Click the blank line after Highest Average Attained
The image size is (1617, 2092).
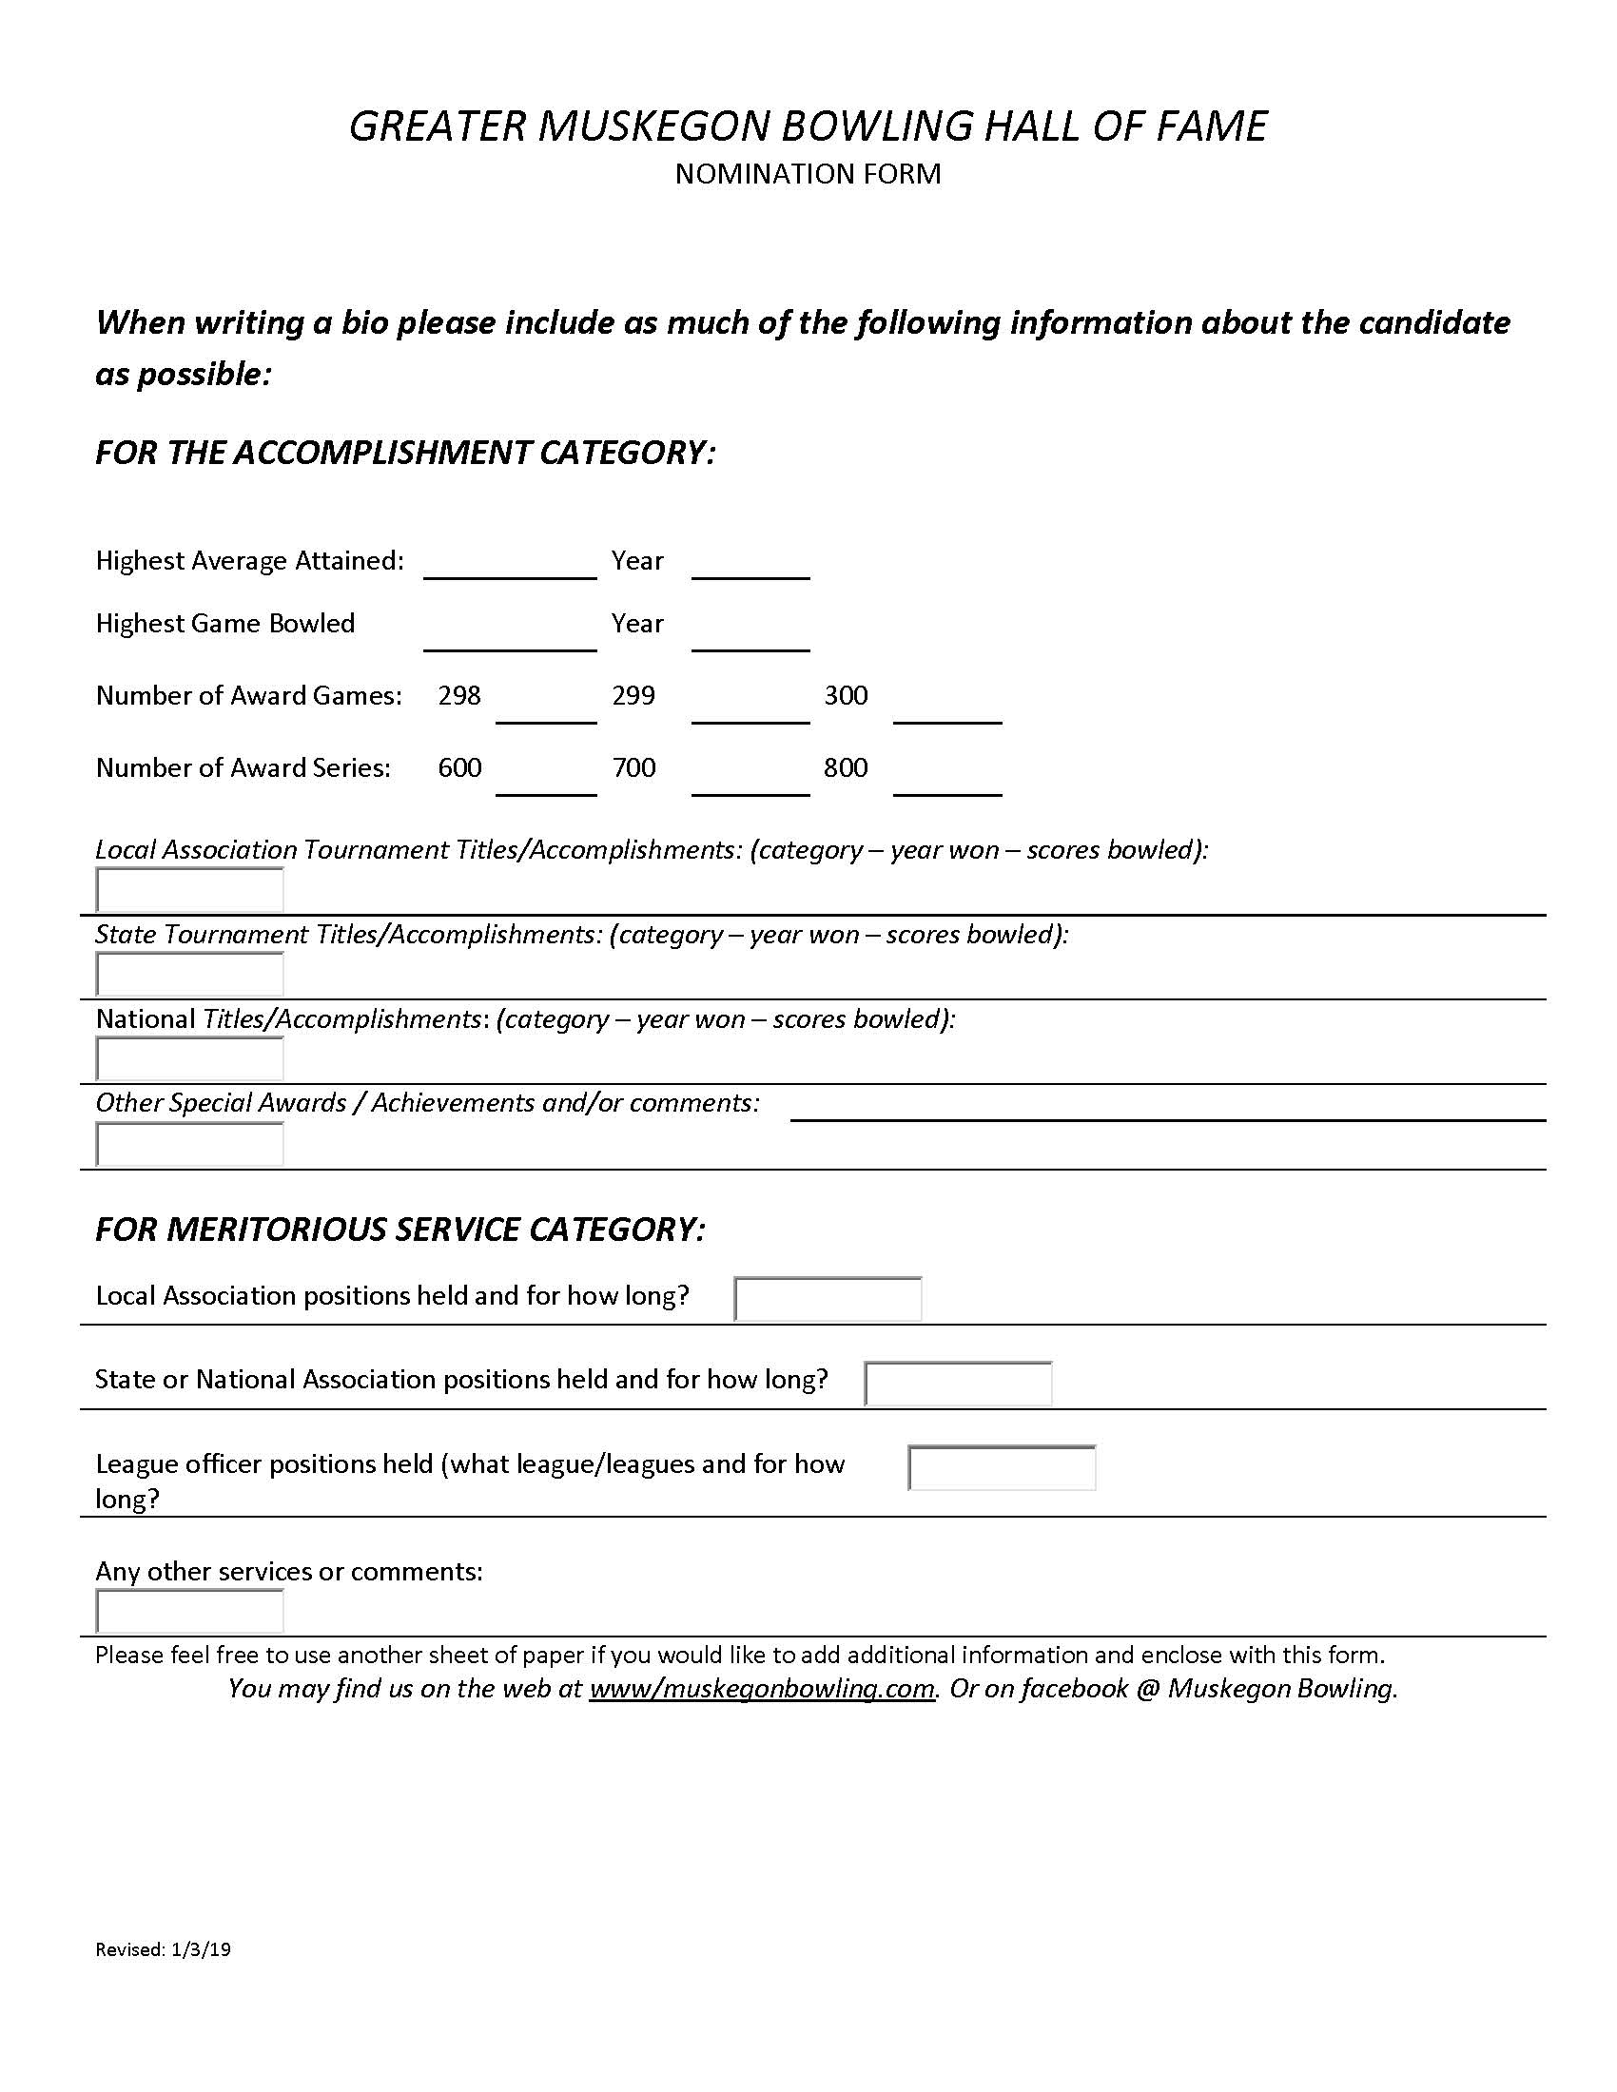[x=510, y=566]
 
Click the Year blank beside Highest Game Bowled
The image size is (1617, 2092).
[x=750, y=638]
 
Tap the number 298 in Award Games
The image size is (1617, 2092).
[x=458, y=695]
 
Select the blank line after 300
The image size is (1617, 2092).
[x=946, y=709]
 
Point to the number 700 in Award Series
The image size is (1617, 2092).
[x=633, y=767]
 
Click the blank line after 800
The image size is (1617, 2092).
[x=946, y=783]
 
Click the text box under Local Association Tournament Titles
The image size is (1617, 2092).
[x=189, y=890]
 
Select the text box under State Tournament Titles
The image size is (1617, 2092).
[x=189, y=974]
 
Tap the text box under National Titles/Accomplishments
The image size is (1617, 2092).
[x=189, y=1058]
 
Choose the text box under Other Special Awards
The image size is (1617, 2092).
[x=189, y=1144]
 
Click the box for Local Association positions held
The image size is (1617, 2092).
[x=828, y=1299]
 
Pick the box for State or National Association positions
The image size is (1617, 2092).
[x=958, y=1384]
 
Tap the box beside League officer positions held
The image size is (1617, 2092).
[x=1001, y=1467]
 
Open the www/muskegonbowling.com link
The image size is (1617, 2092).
[x=762, y=1688]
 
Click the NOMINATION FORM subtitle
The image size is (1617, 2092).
[x=808, y=173]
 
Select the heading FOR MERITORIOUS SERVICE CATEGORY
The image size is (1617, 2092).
[x=400, y=1229]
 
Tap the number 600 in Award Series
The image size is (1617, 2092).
[x=458, y=767]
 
